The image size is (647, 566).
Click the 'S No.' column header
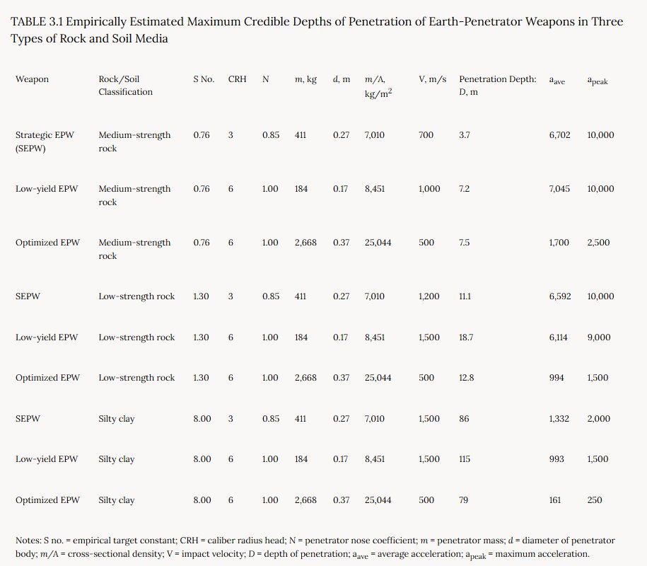[204, 79]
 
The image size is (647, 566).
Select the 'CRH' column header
[238, 79]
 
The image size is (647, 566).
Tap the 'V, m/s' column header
[433, 79]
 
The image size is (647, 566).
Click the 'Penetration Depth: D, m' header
[498, 86]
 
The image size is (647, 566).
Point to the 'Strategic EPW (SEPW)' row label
[45, 141]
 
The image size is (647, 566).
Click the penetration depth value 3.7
[464, 135]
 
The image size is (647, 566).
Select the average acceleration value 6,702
[559, 135]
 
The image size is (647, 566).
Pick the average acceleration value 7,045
[559, 189]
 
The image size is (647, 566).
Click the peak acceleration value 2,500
[598, 243]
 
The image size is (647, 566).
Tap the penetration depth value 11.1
[465, 296]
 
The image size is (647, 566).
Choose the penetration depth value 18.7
[466, 337]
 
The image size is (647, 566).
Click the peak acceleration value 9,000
[599, 337]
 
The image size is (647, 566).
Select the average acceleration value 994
[556, 378]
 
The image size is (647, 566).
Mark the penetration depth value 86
[464, 419]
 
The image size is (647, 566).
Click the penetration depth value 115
[464, 459]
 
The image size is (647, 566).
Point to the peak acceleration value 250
[595, 500]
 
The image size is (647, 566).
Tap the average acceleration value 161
[555, 500]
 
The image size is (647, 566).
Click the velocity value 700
[426, 135]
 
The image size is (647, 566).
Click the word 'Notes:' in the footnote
[28, 541]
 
